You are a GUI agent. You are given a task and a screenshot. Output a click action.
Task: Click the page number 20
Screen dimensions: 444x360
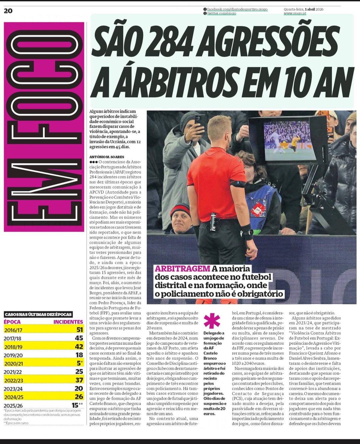coord(8,11)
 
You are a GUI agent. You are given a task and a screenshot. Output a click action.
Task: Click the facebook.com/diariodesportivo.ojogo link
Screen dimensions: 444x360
coord(237,9)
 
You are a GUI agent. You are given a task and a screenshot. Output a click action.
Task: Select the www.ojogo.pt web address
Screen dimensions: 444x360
coord(295,13)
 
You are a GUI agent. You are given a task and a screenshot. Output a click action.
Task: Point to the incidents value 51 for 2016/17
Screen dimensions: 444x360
coord(79,330)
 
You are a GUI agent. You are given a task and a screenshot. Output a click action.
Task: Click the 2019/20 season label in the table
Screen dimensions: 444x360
coord(13,355)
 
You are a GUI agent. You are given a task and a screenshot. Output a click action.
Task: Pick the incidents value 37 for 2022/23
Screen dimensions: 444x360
coord(79,380)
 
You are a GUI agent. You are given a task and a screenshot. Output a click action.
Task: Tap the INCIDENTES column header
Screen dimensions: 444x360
coord(68,322)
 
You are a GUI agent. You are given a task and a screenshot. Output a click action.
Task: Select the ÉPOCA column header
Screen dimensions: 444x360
coord(12,322)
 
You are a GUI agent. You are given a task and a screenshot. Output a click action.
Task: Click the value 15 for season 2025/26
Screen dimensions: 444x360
coord(75,405)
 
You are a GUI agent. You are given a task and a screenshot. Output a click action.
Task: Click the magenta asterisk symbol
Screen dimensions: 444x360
coord(212,321)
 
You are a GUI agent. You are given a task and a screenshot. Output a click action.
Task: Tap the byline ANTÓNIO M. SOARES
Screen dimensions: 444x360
coord(107,157)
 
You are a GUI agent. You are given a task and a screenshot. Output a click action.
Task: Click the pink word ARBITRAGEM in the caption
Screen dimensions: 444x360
coord(182,269)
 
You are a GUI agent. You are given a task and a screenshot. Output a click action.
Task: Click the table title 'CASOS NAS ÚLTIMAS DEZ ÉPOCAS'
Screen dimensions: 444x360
coord(38,314)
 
